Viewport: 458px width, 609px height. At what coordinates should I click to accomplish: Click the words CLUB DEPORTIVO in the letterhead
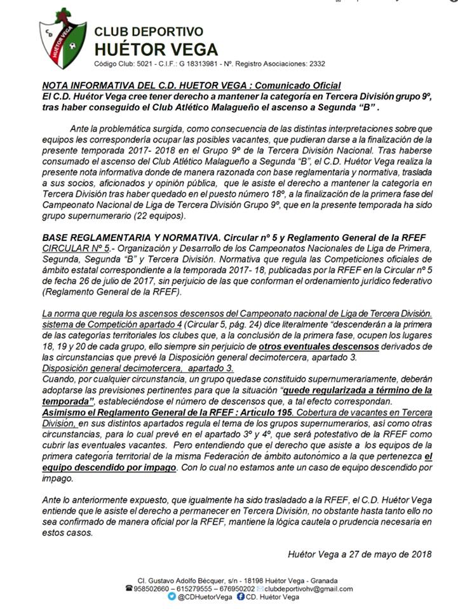149,32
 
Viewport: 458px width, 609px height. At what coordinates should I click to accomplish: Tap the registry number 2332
316,64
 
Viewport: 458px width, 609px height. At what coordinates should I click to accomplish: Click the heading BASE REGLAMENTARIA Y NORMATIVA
123,237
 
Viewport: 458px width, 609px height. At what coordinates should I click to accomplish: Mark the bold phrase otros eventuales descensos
318,346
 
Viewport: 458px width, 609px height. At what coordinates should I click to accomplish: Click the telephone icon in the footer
130,588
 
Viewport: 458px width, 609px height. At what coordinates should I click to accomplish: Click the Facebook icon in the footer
241,597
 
